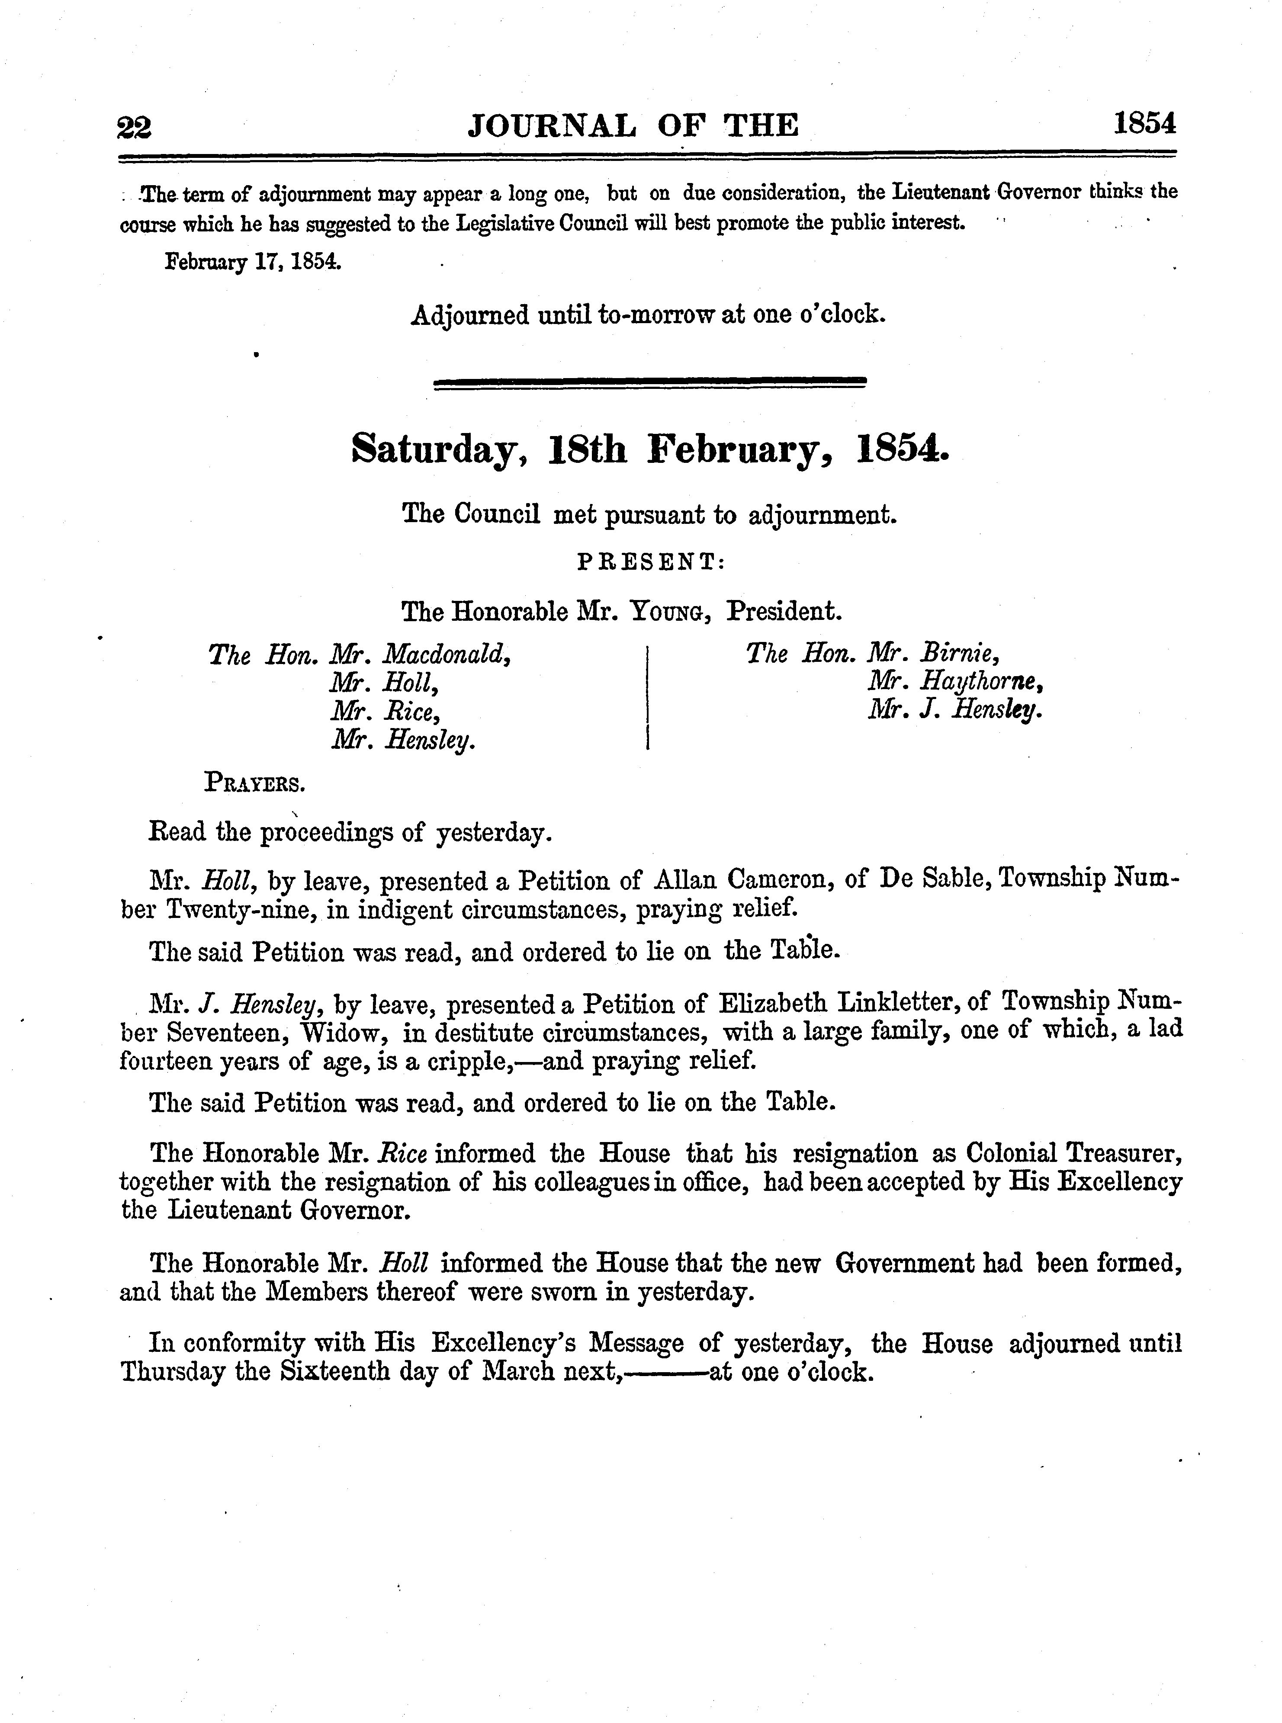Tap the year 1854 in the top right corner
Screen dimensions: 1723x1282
click(1145, 124)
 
